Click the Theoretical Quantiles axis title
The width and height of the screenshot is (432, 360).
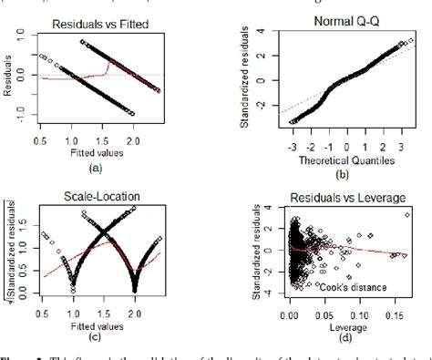[x=336, y=161]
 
